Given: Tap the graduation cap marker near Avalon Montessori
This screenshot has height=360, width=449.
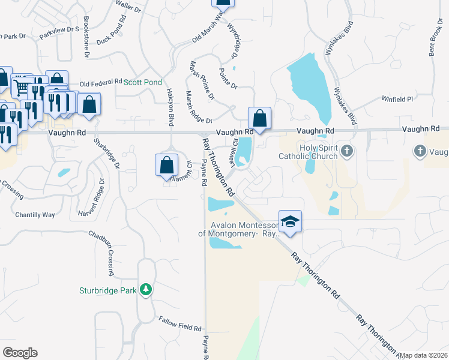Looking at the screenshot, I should (290, 221).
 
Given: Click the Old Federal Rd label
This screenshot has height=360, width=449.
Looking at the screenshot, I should (100, 82).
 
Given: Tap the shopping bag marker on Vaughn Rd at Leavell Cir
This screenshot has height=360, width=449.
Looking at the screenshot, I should (260, 118).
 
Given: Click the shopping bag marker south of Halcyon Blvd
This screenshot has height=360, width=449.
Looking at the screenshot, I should (167, 165).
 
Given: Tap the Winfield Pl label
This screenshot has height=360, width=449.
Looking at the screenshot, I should (399, 99).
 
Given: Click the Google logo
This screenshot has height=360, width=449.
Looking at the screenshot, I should (20, 352).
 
